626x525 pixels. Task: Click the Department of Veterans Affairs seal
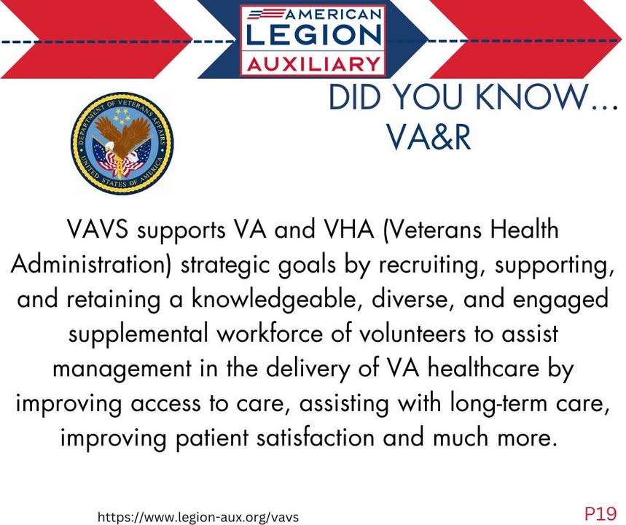pos(122,144)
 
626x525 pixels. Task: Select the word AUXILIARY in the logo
pos(314,64)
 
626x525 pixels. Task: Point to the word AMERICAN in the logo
pos(332,15)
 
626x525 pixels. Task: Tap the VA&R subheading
pos(429,136)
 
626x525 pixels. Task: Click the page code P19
pos(600,513)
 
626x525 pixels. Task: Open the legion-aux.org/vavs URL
pos(198,517)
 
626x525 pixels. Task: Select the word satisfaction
pos(316,438)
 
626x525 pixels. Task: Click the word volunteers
pos(412,334)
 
